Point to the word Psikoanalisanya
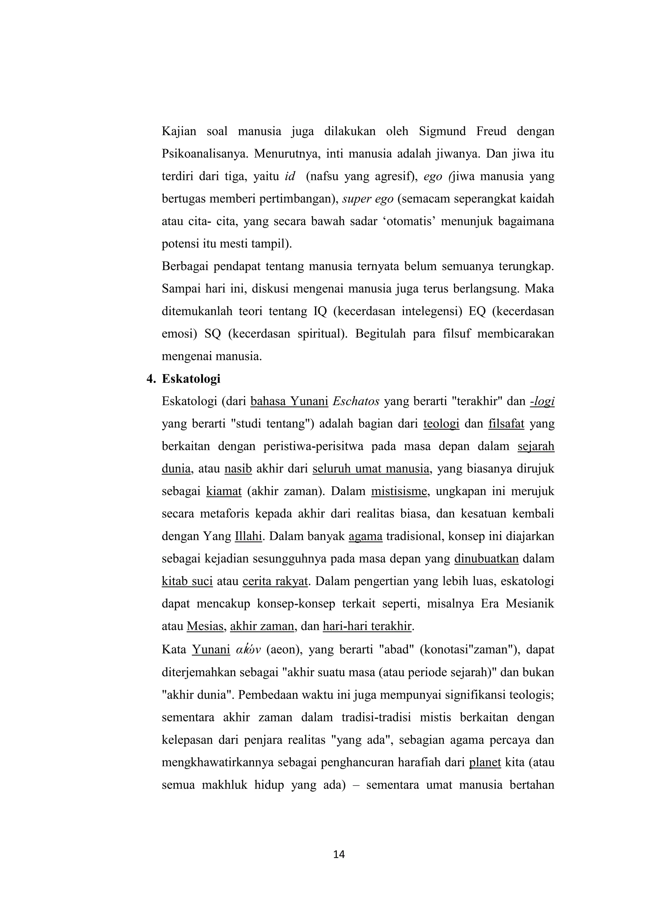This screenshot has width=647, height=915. coord(206,154)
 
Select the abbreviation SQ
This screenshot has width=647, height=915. coord(213,334)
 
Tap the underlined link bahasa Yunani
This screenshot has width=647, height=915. coord(289,401)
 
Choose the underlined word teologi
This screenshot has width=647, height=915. coord(441,424)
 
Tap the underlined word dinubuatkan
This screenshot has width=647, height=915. coord(486,559)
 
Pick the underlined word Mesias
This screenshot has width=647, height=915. coord(205,626)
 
